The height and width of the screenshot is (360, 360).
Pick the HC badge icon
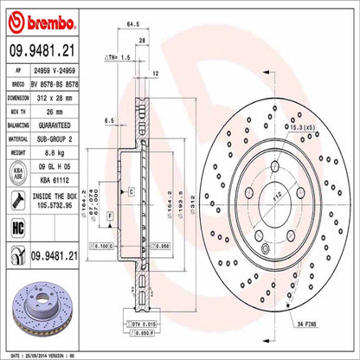coord(17,228)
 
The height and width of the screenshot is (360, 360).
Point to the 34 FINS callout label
coord(310,323)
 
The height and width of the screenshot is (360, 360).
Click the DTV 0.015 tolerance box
coord(144,322)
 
